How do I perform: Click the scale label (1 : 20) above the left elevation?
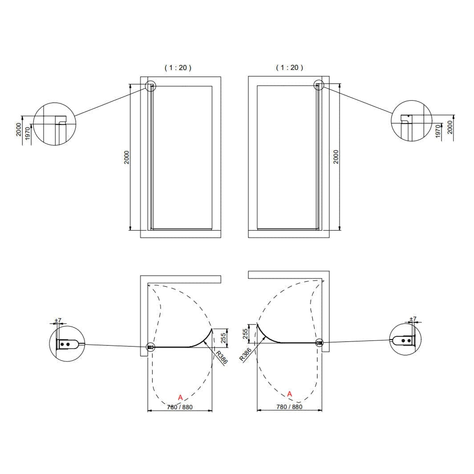point(178,68)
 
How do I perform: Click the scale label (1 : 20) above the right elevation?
point(290,67)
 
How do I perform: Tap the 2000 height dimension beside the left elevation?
point(127,157)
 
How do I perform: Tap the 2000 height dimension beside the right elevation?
point(336,157)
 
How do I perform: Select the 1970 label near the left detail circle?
point(28,134)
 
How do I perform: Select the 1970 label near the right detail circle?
point(438,131)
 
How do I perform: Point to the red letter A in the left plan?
point(180,397)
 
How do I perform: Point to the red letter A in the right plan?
point(290,394)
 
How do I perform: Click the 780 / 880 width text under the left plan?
point(180,407)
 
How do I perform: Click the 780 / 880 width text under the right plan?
point(289,407)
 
